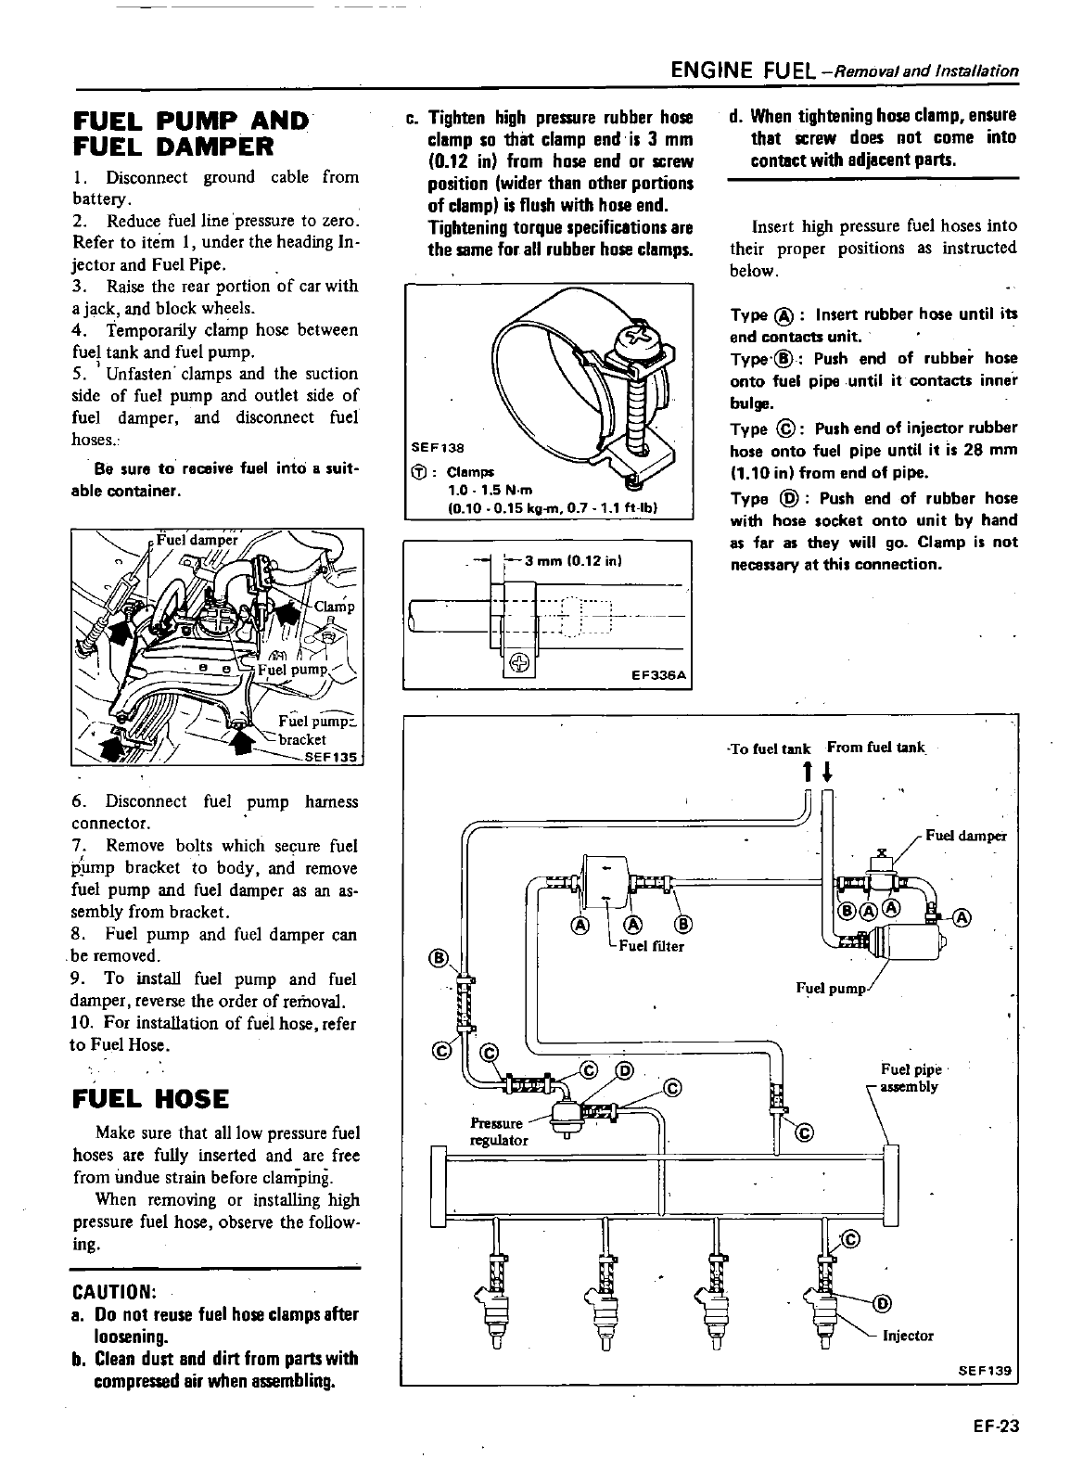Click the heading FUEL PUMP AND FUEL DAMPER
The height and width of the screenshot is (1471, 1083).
(x=190, y=134)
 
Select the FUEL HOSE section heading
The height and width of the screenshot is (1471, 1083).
(x=149, y=1099)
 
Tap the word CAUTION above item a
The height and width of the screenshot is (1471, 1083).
(x=113, y=1292)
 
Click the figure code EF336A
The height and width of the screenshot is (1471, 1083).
(x=657, y=675)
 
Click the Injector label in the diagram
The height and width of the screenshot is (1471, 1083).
(x=908, y=1336)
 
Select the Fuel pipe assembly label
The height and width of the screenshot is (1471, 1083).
(x=910, y=1079)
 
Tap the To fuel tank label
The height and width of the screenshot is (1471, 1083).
(x=770, y=748)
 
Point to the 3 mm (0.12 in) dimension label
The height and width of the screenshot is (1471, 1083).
(x=573, y=560)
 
